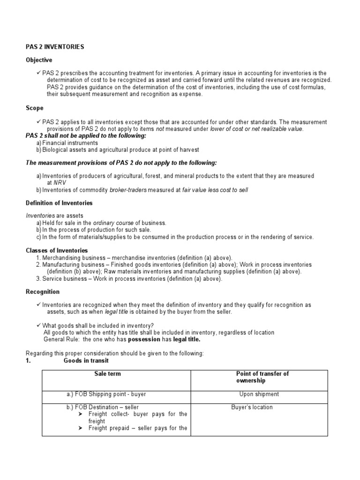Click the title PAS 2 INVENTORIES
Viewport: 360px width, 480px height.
tap(54, 47)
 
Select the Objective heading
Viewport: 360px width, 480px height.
tap(39, 60)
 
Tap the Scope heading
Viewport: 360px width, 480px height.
tap(34, 108)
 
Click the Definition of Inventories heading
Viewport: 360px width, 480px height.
tap(59, 203)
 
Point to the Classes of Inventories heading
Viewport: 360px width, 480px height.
tap(57, 251)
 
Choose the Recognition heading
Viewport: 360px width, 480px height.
tap(43, 292)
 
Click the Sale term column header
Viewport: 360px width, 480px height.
tap(107, 374)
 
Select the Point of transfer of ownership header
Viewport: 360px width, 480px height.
tap(262, 377)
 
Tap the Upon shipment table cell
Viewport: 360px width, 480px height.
tap(259, 394)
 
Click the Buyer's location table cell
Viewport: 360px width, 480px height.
tap(252, 407)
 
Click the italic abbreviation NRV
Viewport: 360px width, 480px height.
tap(60, 183)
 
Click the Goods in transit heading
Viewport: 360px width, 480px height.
tap(86, 360)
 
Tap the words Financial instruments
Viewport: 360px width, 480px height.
tap(70, 142)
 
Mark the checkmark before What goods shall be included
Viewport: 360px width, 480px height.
tap(38, 325)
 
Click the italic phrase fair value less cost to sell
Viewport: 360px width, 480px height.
tap(215, 190)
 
